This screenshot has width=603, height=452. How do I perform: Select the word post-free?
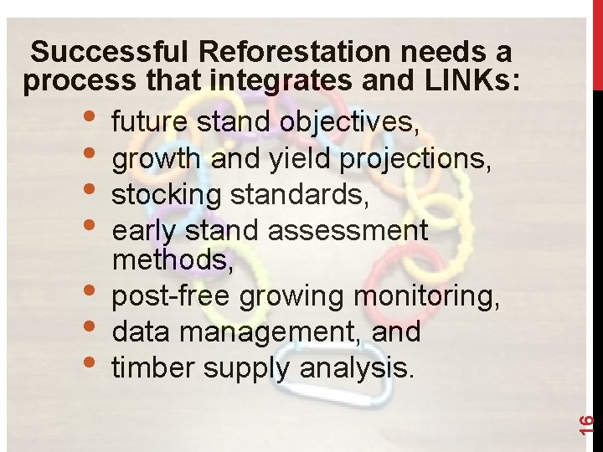coord(172,296)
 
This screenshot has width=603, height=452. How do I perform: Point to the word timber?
coord(151,367)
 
